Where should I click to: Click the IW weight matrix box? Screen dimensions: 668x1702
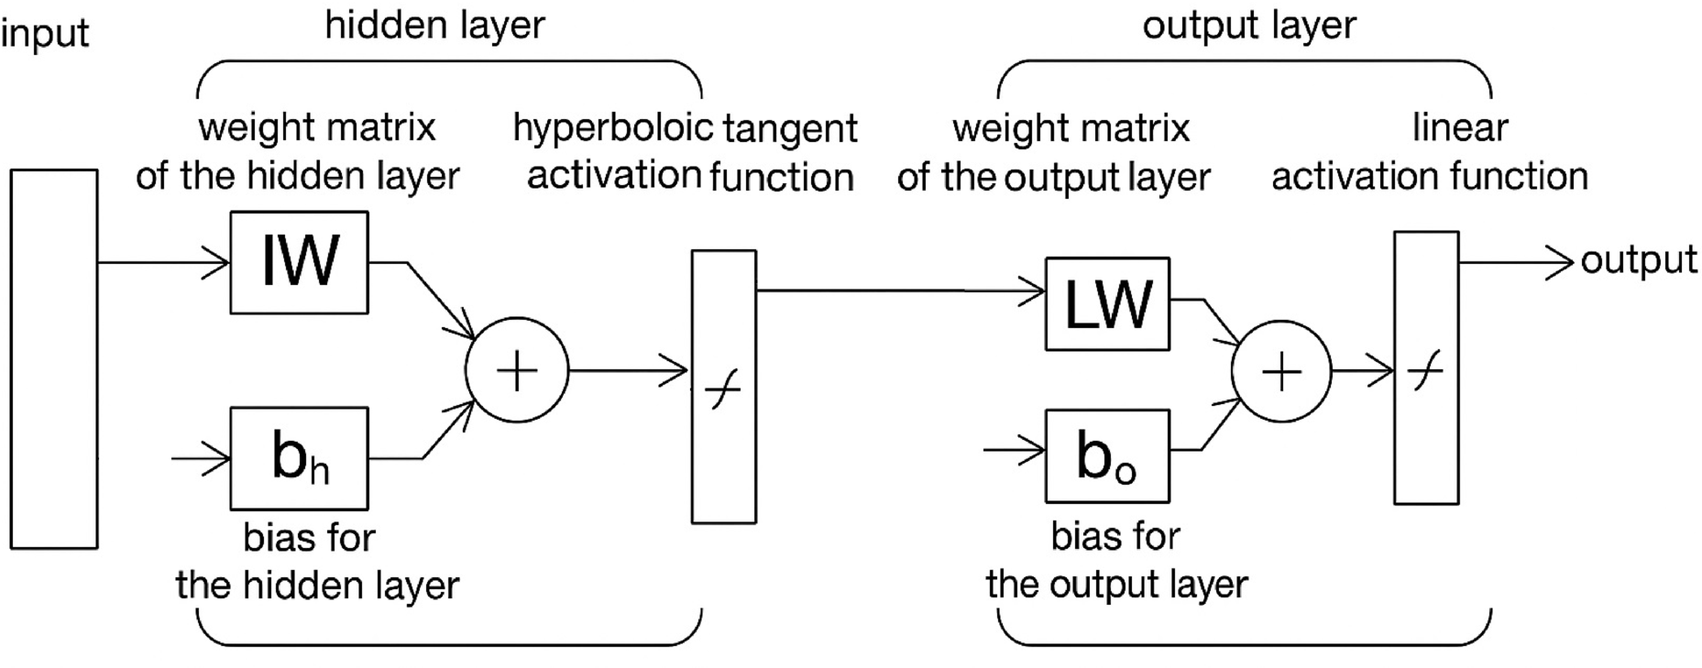(299, 263)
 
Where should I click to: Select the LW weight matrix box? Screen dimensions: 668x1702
(1107, 304)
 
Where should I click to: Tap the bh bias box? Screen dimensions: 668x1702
(299, 458)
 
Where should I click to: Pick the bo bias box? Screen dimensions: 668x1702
(1107, 456)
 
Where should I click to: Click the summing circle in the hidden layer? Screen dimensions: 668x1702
(517, 370)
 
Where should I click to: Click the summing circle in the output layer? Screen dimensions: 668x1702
(1281, 371)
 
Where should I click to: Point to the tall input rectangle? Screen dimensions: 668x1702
(54, 359)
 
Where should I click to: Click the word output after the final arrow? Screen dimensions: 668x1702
(1639, 260)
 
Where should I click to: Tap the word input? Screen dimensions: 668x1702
(44, 34)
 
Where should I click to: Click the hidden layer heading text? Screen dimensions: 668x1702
(434, 25)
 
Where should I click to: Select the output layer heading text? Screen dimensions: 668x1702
(1248, 25)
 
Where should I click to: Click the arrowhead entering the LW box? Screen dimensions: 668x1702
(1034, 292)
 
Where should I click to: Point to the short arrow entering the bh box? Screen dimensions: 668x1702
(202, 457)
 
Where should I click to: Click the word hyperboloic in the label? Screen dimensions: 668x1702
(612, 127)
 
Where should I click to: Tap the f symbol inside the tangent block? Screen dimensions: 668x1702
(723, 393)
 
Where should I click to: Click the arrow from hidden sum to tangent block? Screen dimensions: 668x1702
(628, 370)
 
